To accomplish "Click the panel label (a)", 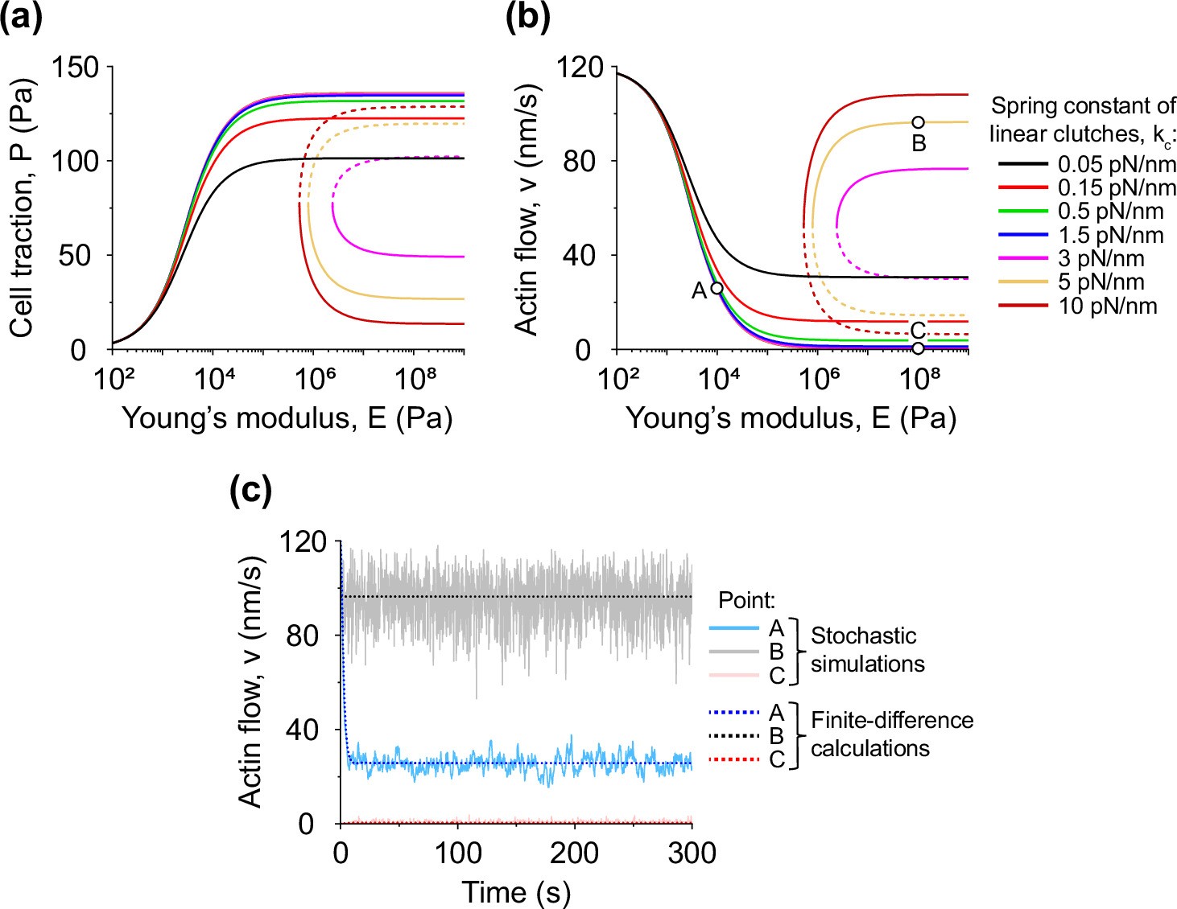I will point(21,17).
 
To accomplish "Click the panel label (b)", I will point(527,17).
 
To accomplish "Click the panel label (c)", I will point(250,489).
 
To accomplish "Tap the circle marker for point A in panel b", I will point(717,288).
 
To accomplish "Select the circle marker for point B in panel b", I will point(918,122).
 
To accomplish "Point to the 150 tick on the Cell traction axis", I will point(76,68).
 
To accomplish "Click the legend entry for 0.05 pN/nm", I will point(1116,165).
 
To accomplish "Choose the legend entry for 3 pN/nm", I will point(1100,259).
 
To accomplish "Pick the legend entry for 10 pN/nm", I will point(1106,306).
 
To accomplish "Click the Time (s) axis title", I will point(515,892).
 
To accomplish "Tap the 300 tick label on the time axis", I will point(692,853).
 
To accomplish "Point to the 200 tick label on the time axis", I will point(575,853).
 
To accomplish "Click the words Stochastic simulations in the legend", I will point(867,649).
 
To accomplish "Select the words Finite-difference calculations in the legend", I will point(891,734).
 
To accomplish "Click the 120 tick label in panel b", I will point(580,68).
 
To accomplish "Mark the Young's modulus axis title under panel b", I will point(791,418).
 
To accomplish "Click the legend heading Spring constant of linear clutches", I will point(1083,120).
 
